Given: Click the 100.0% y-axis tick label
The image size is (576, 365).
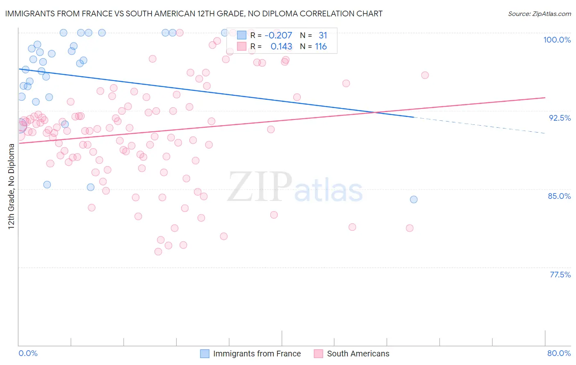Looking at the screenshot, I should click(x=557, y=40).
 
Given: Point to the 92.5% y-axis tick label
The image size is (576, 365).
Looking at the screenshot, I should click(x=560, y=118).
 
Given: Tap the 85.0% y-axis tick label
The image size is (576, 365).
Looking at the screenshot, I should click(x=559, y=196).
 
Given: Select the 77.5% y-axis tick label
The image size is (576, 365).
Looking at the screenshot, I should click(x=560, y=275).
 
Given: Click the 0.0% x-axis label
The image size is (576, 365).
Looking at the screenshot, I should click(x=28, y=353).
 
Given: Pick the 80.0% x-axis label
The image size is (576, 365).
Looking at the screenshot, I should click(x=559, y=353).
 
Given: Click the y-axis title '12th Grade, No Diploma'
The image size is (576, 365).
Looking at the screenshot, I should click(x=11, y=186).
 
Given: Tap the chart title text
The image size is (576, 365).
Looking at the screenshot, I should click(x=194, y=14).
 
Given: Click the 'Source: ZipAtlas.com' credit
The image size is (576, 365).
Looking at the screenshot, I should click(x=539, y=14).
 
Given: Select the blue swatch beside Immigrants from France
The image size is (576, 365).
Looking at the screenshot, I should click(x=204, y=354).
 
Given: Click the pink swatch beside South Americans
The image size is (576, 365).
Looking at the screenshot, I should click(x=318, y=354).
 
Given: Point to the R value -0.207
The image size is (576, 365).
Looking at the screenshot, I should click(x=278, y=36).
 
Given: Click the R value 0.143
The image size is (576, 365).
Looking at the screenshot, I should click(x=281, y=47).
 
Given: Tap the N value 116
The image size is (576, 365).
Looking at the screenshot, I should click(x=320, y=47).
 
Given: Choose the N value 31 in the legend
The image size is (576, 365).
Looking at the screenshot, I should click(x=323, y=36).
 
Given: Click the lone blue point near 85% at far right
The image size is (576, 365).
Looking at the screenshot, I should click(x=414, y=199).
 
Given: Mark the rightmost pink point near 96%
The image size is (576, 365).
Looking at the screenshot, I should click(x=425, y=75).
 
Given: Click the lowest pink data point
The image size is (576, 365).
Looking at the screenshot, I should click(x=158, y=252).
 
